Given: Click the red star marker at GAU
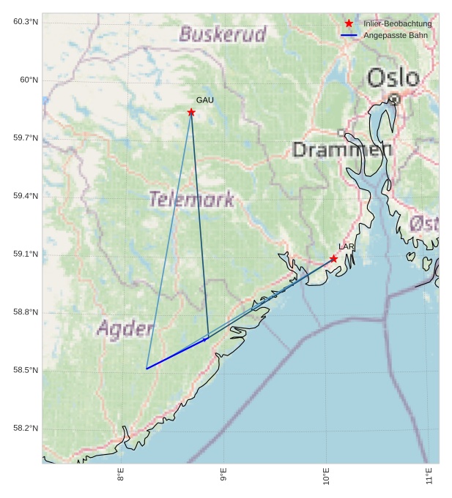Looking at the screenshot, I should (x=191, y=112).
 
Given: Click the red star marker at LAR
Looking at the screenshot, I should (x=334, y=259).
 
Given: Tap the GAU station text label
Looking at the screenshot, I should (x=205, y=100).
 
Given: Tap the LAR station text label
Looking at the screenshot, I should (x=347, y=247).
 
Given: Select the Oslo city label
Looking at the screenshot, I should (x=393, y=78).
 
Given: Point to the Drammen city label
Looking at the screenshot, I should (x=342, y=150).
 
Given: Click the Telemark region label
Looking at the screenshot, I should (x=191, y=199).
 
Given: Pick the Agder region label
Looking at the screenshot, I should (x=125, y=328).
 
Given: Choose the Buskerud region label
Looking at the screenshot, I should (x=223, y=34).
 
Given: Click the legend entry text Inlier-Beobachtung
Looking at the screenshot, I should (x=397, y=24).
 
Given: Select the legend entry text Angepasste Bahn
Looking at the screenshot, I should (x=395, y=35).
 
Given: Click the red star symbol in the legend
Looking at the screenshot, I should (x=349, y=23).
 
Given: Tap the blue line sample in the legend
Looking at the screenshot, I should (x=349, y=35).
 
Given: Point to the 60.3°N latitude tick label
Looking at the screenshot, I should (x=26, y=22).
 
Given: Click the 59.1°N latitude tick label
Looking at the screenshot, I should (x=26, y=254).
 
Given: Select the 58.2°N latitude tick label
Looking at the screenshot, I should (x=26, y=429).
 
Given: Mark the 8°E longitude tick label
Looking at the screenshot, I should (x=121, y=475).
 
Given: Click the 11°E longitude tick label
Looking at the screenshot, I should (x=429, y=475).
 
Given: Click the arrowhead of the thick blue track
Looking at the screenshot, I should (x=206, y=339).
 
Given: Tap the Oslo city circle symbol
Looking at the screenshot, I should (x=394, y=98).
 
